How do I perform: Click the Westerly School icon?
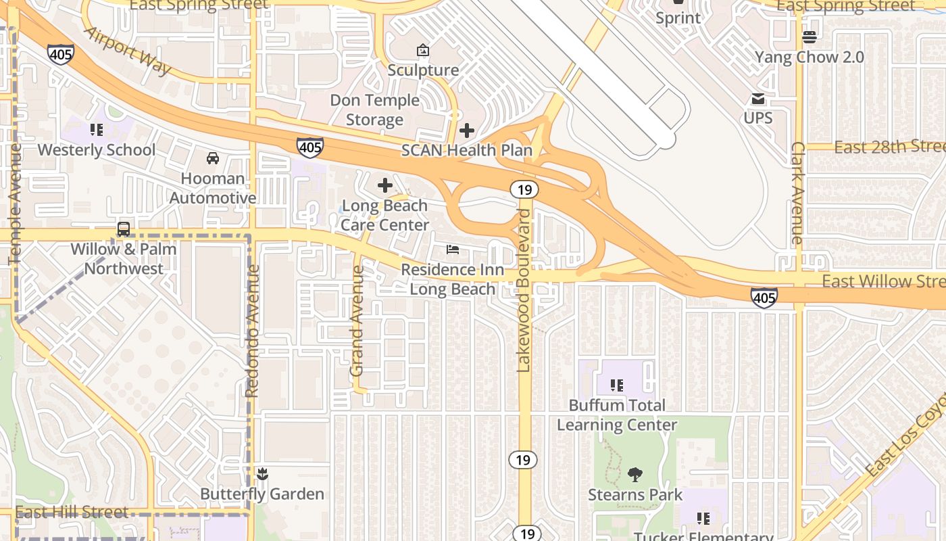96,129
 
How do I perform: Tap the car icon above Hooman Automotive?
213,158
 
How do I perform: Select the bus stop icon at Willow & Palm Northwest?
124,229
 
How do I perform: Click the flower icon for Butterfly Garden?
262,473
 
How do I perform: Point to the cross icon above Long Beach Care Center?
385,185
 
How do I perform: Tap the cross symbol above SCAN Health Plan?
466,131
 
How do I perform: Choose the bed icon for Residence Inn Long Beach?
453,250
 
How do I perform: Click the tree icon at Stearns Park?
634,475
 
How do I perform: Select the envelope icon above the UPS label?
758,99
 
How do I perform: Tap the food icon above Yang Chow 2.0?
809,37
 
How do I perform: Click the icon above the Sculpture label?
423,50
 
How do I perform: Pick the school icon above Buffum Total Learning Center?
616,385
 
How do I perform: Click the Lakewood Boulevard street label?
524,291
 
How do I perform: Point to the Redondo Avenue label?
253,331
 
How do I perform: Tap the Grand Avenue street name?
357,321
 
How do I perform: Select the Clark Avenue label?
797,193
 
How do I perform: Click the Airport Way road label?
128,51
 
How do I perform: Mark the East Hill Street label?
71,512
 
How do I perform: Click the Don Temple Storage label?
375,110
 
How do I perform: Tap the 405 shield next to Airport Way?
61,54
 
